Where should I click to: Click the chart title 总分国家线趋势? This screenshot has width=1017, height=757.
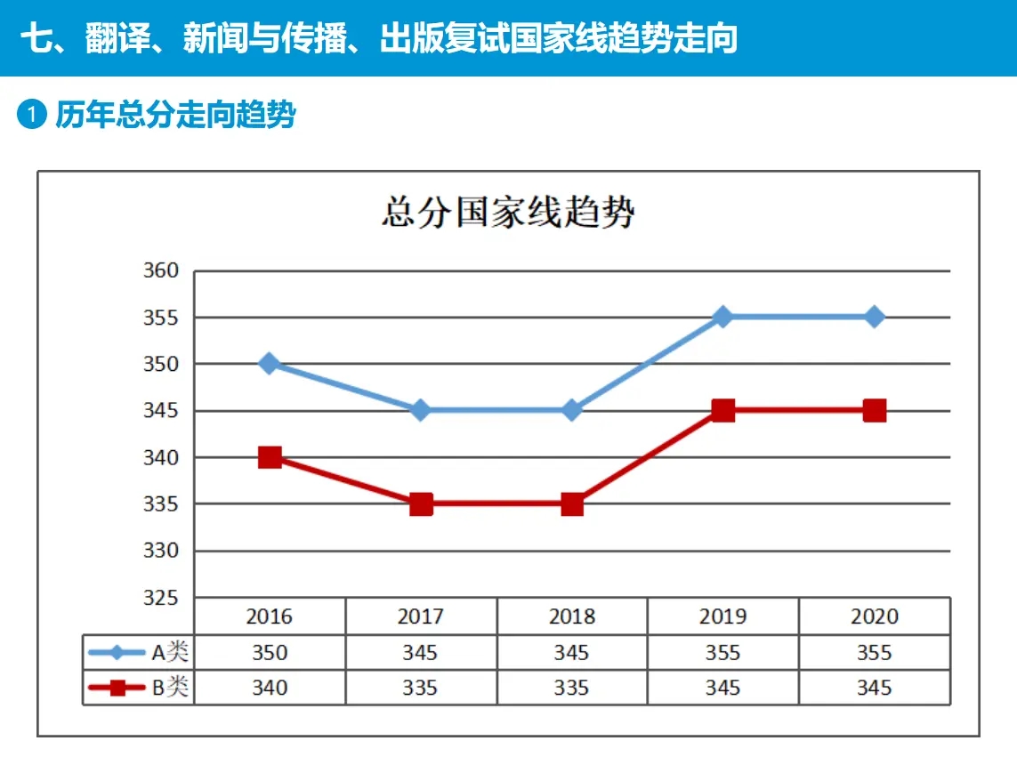point(508,214)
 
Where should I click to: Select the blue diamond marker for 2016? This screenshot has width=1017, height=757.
point(270,364)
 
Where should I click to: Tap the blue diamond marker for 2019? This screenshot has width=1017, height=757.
point(723,318)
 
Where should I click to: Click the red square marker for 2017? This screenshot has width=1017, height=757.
point(421,504)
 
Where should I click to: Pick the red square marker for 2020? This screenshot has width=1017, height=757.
point(875,411)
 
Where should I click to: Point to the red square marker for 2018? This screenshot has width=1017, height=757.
point(572,504)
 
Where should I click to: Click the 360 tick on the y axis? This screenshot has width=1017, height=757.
point(161,271)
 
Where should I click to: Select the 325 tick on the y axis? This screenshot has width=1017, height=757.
point(161,598)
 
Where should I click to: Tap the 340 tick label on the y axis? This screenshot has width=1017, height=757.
point(161,458)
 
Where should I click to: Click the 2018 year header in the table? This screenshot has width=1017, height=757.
point(571,616)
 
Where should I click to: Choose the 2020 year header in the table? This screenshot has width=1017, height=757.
point(874,616)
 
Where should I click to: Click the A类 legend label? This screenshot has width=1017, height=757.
point(170,653)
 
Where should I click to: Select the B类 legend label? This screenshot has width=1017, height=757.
point(170,688)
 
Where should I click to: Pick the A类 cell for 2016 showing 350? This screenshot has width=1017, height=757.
point(269,653)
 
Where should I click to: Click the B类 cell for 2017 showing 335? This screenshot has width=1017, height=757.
point(420,688)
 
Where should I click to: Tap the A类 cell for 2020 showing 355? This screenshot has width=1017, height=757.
point(874,653)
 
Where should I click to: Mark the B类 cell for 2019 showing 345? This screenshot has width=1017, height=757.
point(722,688)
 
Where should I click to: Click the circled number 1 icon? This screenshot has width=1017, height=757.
point(32,116)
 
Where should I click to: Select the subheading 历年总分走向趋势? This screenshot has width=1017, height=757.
point(175,116)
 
